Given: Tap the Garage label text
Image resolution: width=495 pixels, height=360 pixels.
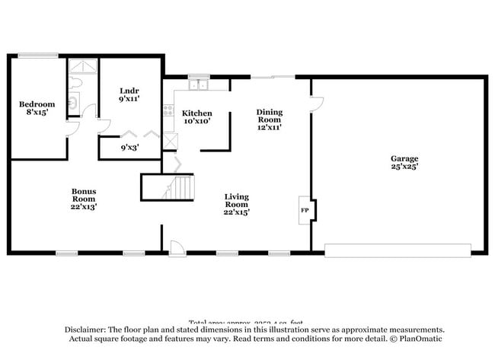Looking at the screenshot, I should tap(404, 162).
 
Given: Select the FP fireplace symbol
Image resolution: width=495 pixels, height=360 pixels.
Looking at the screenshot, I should tap(305, 210).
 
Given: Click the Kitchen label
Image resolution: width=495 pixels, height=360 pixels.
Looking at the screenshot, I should tap(196, 116).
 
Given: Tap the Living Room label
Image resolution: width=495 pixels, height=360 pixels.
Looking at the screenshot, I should tap(236, 204).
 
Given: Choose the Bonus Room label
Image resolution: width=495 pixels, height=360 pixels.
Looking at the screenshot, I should tap(84, 198).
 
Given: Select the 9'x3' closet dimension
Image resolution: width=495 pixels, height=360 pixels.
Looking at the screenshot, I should tap(129, 148).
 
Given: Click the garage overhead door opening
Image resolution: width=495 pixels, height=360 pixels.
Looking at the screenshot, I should tap(398, 250).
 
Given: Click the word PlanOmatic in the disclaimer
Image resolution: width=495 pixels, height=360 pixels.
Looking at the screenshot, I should tap(417, 339).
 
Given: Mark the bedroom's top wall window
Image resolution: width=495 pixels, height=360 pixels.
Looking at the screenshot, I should tap(38, 55).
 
